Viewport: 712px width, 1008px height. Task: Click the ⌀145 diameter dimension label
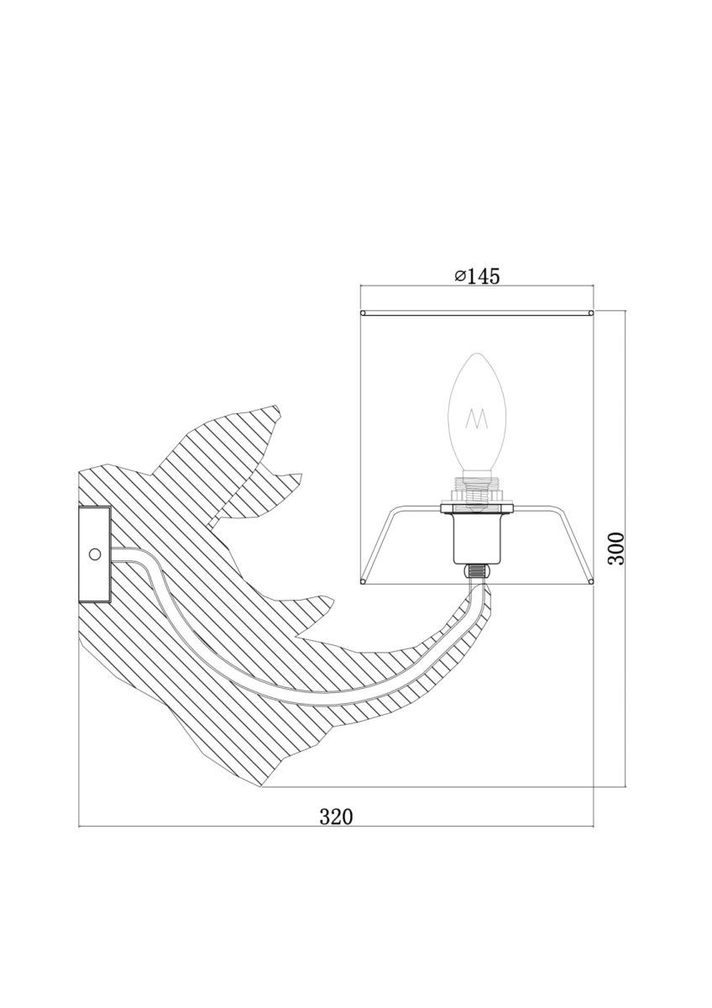(477, 276)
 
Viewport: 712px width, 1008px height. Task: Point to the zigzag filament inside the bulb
(476, 418)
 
